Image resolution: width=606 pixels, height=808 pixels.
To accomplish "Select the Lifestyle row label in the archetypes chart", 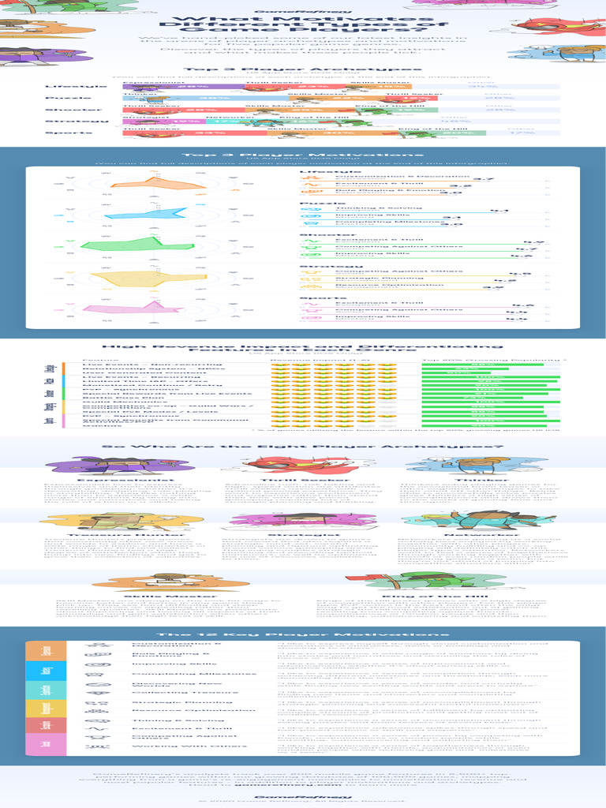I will pos(65,86).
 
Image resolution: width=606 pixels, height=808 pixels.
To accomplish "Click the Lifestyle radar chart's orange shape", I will pos(150,183).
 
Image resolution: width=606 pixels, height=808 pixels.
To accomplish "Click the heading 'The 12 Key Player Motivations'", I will pos(303,634).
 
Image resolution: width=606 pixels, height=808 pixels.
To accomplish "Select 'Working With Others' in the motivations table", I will pos(166,746).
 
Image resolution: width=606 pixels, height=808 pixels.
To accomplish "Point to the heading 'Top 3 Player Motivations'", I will pos(303,155).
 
